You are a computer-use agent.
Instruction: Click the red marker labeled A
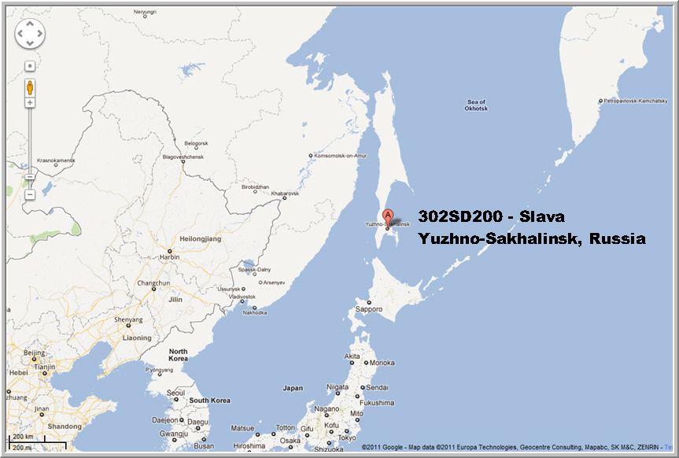click(387, 216)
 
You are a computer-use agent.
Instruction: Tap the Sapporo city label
click(369, 309)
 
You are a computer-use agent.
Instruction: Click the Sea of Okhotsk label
click(477, 105)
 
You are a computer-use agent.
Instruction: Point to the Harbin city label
click(170, 257)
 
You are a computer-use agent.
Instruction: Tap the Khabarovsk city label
click(285, 194)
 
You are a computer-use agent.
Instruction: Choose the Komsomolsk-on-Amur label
click(341, 156)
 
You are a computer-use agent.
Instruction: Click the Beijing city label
click(34, 353)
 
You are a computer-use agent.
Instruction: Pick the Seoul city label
click(175, 392)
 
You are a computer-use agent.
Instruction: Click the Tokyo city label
click(347, 438)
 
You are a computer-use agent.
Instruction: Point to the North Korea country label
click(179, 355)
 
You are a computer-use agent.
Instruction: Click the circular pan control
click(30, 34)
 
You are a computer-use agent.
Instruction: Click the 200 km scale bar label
click(22, 436)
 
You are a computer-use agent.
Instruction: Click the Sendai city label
click(378, 387)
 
